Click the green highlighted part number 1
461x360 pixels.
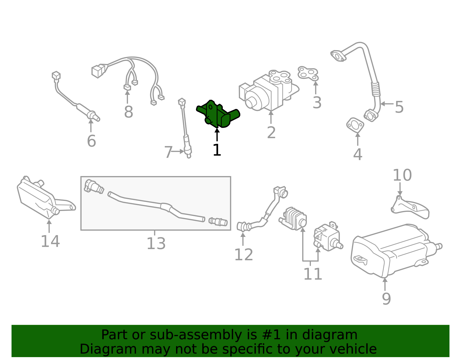[x=218, y=114]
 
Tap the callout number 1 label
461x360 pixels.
[x=217, y=150]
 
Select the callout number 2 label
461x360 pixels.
[x=271, y=133]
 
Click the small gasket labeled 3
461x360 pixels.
[x=308, y=73]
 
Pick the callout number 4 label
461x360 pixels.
[x=358, y=154]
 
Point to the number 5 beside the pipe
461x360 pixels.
[x=399, y=107]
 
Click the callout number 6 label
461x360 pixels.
[x=91, y=141]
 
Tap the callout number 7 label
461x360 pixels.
[x=169, y=152]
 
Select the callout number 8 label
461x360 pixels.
[x=129, y=112]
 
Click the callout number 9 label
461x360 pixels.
[x=386, y=299]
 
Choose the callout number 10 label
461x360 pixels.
[x=402, y=175]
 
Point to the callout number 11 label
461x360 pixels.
[x=313, y=274]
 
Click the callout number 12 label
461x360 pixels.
[x=244, y=255]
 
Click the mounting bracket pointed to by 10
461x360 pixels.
[x=410, y=208]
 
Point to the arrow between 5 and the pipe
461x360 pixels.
[x=387, y=104]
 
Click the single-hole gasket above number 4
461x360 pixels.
[x=355, y=125]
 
